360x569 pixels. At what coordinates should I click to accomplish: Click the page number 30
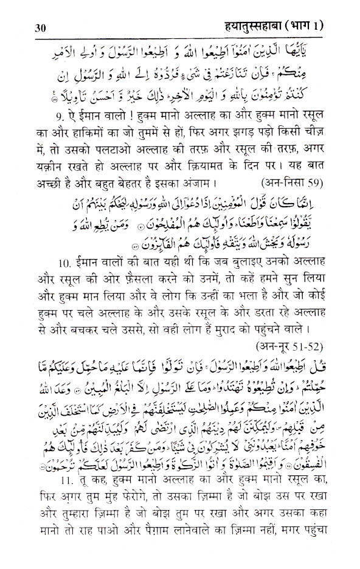(x=26, y=10)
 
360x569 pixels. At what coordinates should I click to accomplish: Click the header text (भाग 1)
(x=320, y=10)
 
